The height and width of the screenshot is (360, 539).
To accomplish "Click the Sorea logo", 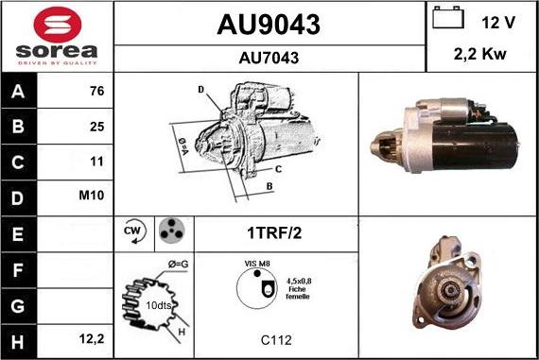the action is coord(57,35).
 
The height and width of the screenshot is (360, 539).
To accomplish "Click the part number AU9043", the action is coord(269,23).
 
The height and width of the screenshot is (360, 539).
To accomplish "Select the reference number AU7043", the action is coord(269,57).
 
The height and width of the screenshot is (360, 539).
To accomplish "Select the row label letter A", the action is coord(19,92).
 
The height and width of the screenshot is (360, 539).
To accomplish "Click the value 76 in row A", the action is coord(96,92).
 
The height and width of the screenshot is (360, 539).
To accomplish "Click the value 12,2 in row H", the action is coord(92,335).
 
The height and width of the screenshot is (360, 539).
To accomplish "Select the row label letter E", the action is coord(19,231).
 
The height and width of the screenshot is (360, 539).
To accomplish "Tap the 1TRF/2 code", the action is coord(276,231).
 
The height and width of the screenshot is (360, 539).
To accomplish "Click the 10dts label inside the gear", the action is coord(159,305).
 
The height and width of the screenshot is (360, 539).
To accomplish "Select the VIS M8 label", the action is coord(256,266).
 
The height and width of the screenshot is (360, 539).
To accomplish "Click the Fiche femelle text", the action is coord(298,293).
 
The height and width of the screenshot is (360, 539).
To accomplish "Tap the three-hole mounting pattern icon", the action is coord(170,231).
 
